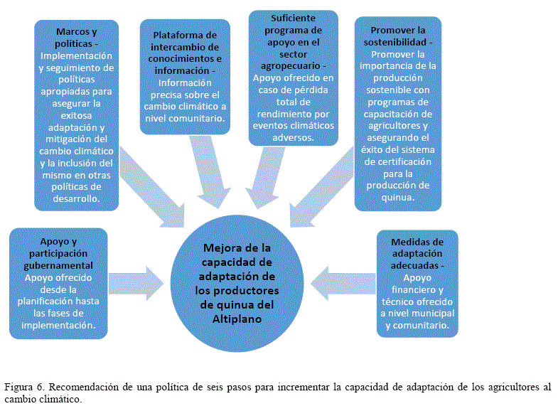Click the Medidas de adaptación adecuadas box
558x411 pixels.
tap(417, 283)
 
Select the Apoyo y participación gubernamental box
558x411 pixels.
tap(58, 283)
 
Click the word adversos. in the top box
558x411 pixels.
tap(292, 137)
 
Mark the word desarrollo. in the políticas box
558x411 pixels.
tap(77, 200)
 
